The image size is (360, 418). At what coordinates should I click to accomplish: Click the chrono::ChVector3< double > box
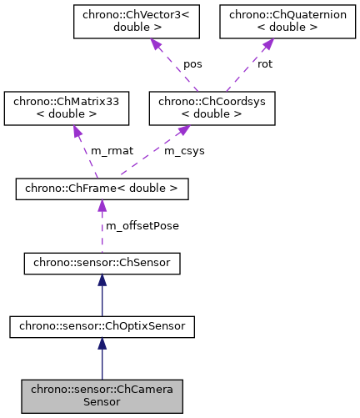[135, 23]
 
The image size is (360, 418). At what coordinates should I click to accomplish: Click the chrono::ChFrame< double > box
[102, 189]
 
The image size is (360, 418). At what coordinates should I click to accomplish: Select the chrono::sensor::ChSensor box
[102, 264]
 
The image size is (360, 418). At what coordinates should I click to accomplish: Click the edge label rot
[265, 64]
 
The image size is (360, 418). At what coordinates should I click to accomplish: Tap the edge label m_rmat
[107, 150]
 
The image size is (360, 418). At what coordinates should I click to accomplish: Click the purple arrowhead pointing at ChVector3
[154, 45]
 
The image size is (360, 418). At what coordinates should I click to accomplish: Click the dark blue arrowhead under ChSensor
[102, 283]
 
